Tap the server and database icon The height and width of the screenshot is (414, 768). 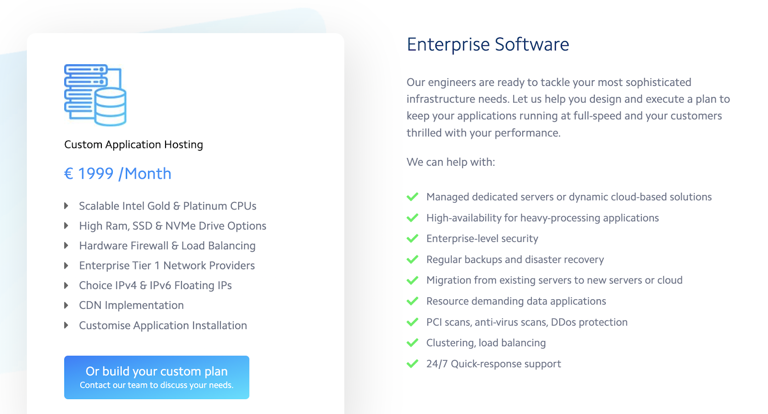tap(95, 95)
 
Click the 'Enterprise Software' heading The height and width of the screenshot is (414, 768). tap(488, 44)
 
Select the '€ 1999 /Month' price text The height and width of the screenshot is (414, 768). tap(118, 173)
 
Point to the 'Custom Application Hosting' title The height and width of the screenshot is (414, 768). tap(133, 145)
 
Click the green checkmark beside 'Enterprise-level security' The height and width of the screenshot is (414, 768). tap(412, 239)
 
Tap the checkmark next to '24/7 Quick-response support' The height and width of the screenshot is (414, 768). tap(412, 364)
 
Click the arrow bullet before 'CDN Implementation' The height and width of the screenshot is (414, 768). tap(66, 305)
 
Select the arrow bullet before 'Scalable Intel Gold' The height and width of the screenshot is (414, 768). tap(66, 206)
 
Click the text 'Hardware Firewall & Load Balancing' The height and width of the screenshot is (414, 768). tap(167, 246)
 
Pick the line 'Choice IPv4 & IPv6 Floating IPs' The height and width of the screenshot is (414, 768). tap(155, 285)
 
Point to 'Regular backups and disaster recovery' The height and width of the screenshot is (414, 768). tap(515, 260)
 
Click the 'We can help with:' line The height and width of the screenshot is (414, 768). tap(451, 162)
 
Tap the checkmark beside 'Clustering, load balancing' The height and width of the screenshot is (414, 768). tap(412, 343)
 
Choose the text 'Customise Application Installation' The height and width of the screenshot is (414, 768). tap(163, 326)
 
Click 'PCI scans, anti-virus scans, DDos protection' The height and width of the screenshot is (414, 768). tap(527, 322)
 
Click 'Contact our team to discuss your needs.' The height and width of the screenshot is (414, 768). tap(156, 385)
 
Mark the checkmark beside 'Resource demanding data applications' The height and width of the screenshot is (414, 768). tap(412, 302)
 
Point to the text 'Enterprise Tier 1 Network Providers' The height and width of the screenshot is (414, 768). tap(167, 266)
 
